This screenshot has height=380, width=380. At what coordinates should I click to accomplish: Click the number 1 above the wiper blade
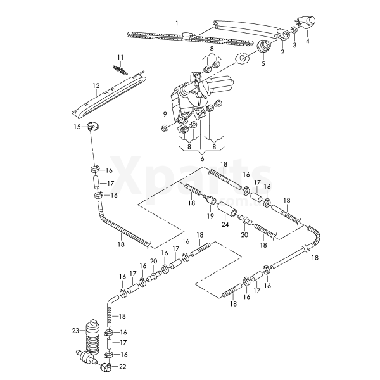point(177,23)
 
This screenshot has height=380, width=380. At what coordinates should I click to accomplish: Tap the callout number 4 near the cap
point(307,41)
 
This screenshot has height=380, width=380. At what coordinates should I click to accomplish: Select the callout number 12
point(96,85)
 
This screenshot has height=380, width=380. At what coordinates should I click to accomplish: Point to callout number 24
point(225,224)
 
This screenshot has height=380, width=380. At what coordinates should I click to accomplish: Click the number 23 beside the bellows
point(75,331)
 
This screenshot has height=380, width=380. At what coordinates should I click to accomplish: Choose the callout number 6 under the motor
point(203,160)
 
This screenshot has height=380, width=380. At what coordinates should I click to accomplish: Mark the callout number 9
point(164,114)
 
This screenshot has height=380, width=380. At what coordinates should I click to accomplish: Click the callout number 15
point(76,127)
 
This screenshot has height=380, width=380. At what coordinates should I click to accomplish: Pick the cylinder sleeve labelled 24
point(226,209)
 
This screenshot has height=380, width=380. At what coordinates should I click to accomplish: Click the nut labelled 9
point(164,128)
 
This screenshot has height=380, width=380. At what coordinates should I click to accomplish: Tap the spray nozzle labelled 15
point(92,125)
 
